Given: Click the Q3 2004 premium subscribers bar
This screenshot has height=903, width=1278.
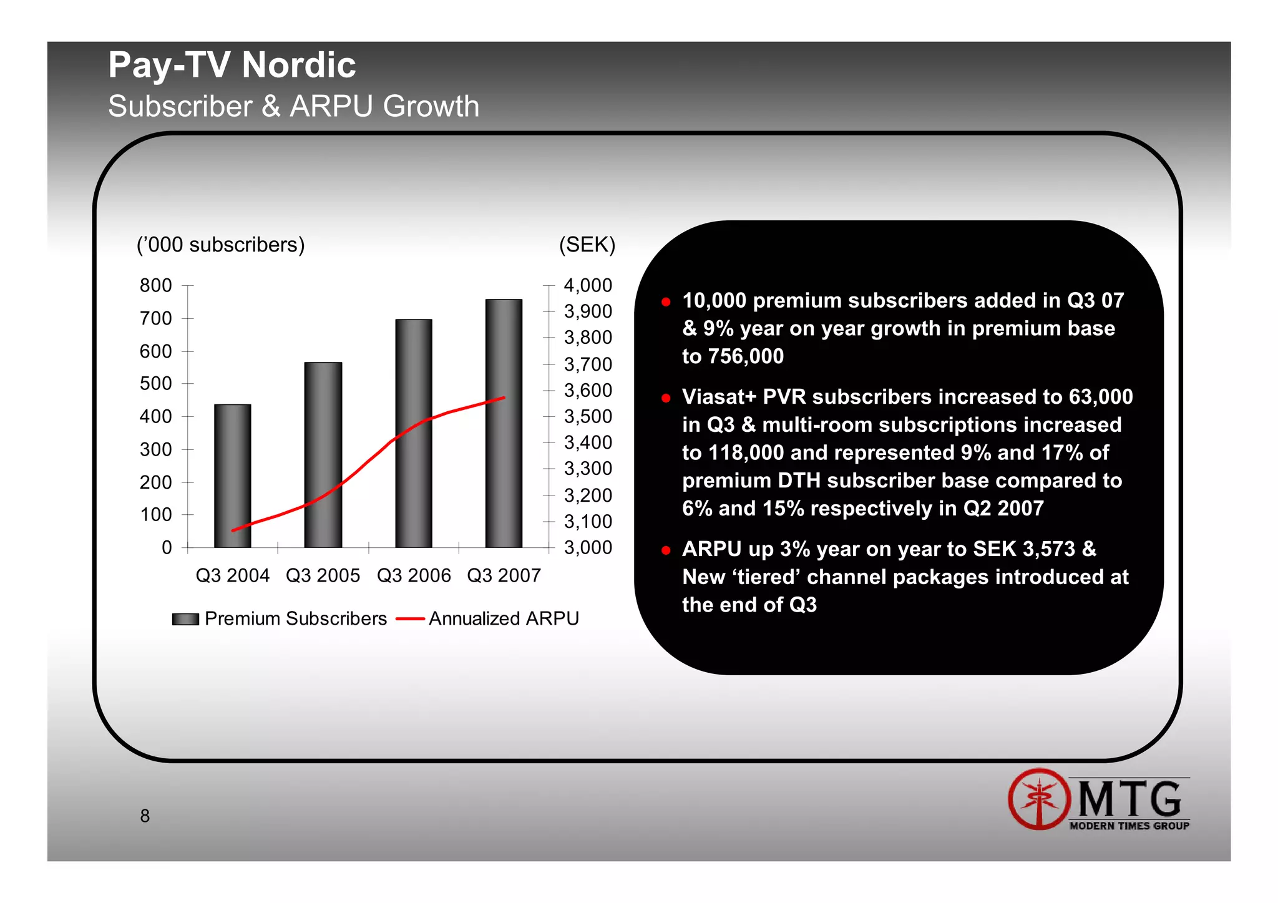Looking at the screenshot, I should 232,474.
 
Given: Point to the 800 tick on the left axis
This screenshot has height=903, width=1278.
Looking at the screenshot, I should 155,285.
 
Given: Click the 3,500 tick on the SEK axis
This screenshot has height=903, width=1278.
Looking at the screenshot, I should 588,416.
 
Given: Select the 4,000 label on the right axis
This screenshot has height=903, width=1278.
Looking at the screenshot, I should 588,285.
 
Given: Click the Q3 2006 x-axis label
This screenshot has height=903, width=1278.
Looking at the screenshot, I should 413,575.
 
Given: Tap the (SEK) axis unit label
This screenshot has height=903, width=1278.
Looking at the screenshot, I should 587,245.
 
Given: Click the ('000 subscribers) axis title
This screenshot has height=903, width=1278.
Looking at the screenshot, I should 220,245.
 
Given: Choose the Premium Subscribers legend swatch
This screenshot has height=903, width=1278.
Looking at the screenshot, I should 185,619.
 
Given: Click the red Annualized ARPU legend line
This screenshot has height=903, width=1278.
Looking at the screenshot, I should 410,619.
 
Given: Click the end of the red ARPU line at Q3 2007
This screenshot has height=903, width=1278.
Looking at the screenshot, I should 504,398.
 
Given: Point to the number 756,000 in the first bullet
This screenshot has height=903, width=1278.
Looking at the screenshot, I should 747,356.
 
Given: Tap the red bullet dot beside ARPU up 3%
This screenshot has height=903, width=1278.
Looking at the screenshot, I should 666,550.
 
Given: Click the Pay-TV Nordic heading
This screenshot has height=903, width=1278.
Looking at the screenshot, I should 232,65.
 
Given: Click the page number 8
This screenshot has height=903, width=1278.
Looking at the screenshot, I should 145,816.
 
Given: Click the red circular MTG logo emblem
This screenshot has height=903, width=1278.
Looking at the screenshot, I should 1038,799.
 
